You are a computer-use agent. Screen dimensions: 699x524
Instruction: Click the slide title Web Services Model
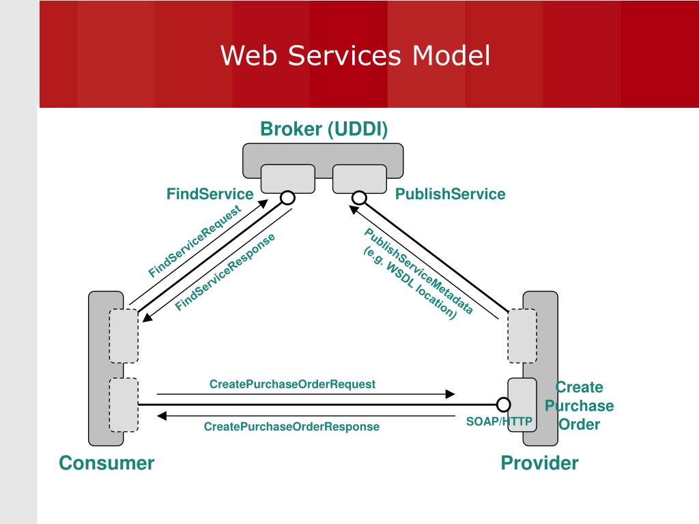tap(355, 55)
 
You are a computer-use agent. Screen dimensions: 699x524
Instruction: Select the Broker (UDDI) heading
tap(324, 129)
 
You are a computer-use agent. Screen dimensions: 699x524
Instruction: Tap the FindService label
tap(210, 194)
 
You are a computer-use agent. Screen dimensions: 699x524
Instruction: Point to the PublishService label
tap(451, 194)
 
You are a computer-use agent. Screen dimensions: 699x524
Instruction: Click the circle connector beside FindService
tap(287, 197)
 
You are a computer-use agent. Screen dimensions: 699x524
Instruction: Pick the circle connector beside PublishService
tap(359, 197)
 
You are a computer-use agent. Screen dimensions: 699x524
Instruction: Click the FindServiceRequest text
tap(195, 241)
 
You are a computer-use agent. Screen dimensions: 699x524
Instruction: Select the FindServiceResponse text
tap(225, 272)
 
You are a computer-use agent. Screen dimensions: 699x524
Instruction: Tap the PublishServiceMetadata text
tap(419, 270)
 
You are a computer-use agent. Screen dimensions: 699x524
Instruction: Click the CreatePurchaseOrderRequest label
tap(292, 384)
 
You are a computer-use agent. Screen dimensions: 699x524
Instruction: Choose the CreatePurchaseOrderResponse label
tap(291, 426)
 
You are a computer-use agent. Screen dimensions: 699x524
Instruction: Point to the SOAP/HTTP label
tap(499, 422)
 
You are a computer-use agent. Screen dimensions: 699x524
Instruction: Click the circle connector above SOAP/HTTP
tap(504, 405)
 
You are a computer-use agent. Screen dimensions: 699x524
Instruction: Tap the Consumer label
tap(106, 463)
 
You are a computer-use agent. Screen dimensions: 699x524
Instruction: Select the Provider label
tap(539, 463)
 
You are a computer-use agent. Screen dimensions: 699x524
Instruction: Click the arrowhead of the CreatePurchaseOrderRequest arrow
tap(451, 394)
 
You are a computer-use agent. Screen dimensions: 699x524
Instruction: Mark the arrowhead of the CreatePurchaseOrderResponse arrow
tap(162, 416)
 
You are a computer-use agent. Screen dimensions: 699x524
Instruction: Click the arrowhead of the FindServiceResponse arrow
tap(147, 317)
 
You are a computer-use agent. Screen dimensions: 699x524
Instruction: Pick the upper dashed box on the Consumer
tap(124, 336)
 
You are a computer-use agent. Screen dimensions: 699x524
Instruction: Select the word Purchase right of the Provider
tap(579, 406)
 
